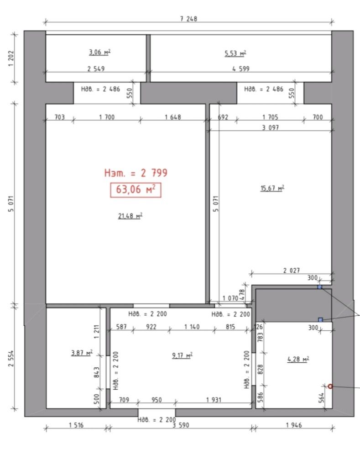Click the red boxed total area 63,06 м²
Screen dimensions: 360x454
[x=136, y=190]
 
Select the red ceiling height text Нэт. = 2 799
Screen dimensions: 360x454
[x=136, y=173]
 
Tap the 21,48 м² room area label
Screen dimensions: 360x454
[x=130, y=216]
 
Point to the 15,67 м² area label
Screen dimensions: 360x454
[x=272, y=188]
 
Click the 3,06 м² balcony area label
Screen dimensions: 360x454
[x=99, y=52]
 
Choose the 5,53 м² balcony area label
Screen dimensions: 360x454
[x=235, y=53]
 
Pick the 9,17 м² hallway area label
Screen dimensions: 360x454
[x=182, y=355]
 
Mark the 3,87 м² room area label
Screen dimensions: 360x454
[x=82, y=353]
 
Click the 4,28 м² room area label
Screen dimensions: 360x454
[x=298, y=359]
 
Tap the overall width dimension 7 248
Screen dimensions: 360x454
[x=188, y=19]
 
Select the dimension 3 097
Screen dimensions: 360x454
[x=271, y=127]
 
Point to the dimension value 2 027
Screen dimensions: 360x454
[x=292, y=271]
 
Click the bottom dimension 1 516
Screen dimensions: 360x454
[x=76, y=425]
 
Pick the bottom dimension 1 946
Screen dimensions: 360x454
[x=294, y=425]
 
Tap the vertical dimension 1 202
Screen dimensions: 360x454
[x=11, y=58]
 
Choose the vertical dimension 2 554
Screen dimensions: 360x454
[x=11, y=359]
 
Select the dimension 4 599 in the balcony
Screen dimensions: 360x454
[x=240, y=69]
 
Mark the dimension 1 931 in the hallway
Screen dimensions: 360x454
[x=214, y=400]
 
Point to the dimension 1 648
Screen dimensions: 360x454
[x=173, y=117]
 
